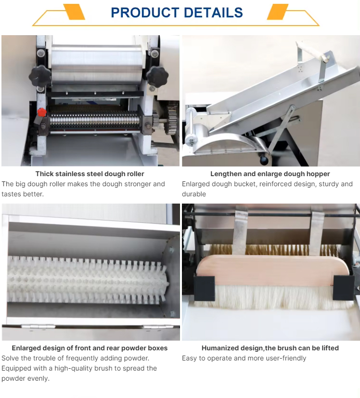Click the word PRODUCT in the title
point(145,13)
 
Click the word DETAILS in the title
point(213,13)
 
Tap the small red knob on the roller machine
point(42,112)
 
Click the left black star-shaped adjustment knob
point(39,76)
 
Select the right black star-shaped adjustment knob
point(157,77)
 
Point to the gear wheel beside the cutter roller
point(171,119)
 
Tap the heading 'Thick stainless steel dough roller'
point(90,174)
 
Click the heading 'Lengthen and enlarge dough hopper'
point(270,174)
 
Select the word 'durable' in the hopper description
point(193,194)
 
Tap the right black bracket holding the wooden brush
point(343,288)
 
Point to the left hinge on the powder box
point(38,326)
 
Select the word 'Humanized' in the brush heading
point(220,348)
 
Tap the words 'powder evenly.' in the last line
point(26,378)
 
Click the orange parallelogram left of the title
point(74,12)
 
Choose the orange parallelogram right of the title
point(278,12)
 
